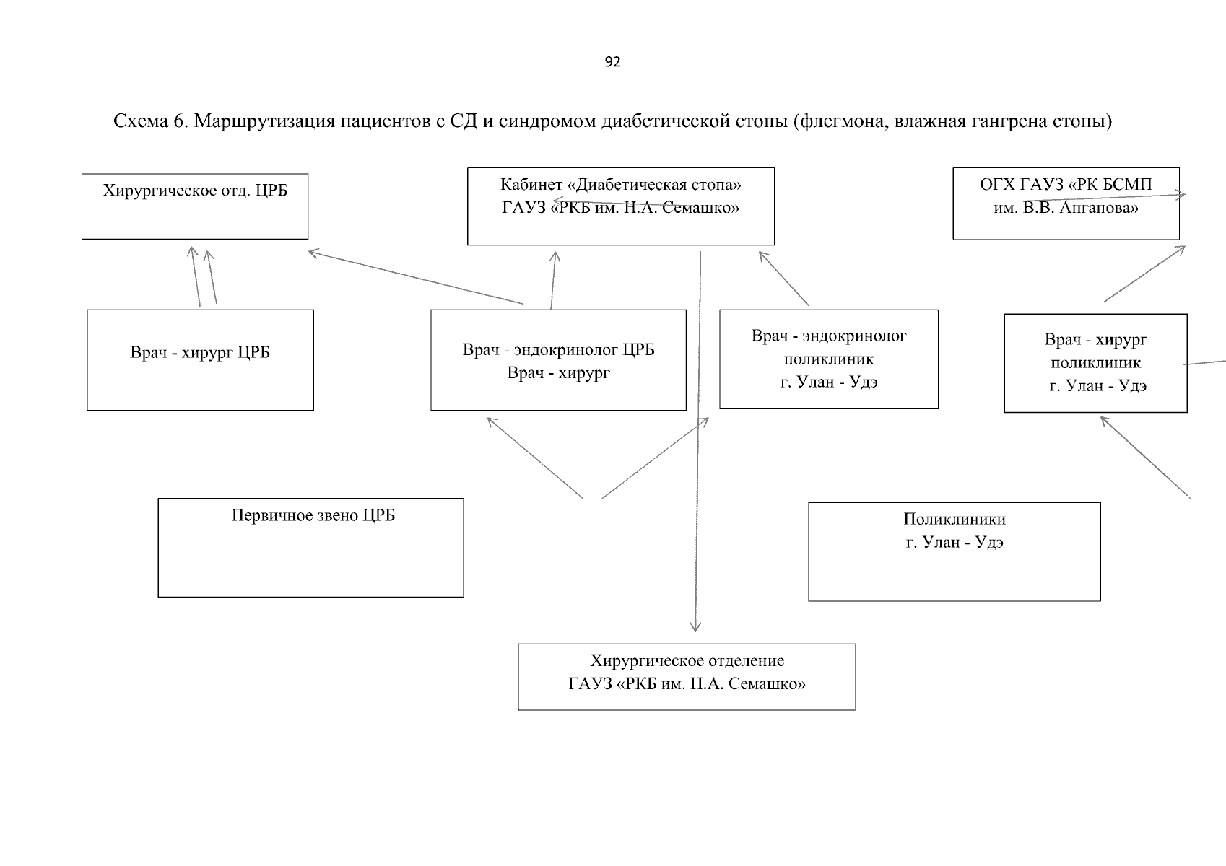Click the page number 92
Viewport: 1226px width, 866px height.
pyautogui.click(x=612, y=62)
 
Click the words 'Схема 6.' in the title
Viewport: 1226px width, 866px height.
pyautogui.click(x=150, y=121)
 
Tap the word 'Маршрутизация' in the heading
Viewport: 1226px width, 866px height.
pyautogui.click(x=264, y=121)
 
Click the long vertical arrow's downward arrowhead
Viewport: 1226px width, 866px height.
pyautogui.click(x=695, y=630)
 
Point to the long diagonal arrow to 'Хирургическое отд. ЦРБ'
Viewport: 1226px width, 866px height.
pyautogui.click(x=415, y=277)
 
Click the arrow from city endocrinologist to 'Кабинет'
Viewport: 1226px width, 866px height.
pyautogui.click(x=784, y=279)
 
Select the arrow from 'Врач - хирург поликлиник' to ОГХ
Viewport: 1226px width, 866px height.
pyautogui.click(x=1144, y=274)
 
